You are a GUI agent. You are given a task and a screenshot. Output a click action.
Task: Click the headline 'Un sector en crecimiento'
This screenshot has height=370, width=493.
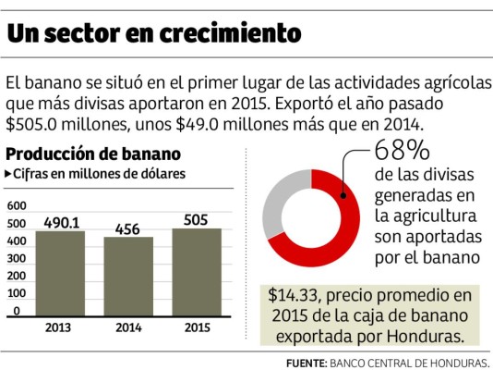[x=153, y=33]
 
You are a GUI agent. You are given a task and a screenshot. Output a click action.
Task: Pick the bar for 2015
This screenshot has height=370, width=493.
[x=196, y=274]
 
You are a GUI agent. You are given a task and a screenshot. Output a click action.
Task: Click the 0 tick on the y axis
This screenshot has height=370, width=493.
[x=18, y=312]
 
